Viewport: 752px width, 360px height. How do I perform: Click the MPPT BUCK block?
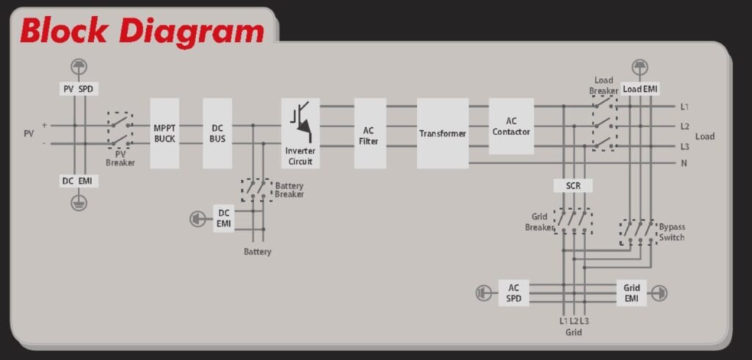pyautogui.click(x=164, y=134)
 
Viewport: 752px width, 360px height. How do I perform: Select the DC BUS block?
pyautogui.click(x=217, y=134)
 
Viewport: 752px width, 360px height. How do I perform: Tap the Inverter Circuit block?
pyautogui.click(x=300, y=134)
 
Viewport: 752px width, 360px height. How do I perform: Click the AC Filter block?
pyautogui.click(x=370, y=134)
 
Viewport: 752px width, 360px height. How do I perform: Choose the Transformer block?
pyautogui.click(x=443, y=134)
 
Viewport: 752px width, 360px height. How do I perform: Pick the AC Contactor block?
pyautogui.click(x=511, y=126)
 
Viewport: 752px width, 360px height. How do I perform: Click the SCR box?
pyautogui.click(x=573, y=186)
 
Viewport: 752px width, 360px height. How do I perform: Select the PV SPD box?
pyautogui.click(x=79, y=89)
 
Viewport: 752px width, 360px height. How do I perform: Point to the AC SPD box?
pyautogui.click(x=513, y=293)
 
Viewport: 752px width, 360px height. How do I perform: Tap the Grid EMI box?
pyautogui.click(x=632, y=293)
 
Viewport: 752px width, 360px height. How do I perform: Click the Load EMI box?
pyautogui.click(x=640, y=89)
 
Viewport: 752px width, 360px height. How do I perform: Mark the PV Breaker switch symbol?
pyautogui.click(x=120, y=130)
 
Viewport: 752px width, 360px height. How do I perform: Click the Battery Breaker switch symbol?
pyautogui.click(x=256, y=190)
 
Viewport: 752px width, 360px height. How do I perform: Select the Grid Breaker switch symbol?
pyautogui.click(x=573, y=221)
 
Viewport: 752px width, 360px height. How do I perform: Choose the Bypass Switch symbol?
pyautogui.click(x=638, y=232)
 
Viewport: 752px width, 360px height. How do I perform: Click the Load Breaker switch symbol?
pyautogui.click(x=605, y=123)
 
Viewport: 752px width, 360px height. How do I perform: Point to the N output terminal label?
pyautogui.click(x=684, y=163)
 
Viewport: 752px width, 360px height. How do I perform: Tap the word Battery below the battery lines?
pyautogui.click(x=258, y=251)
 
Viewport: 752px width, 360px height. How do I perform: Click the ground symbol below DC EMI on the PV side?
pyautogui.click(x=79, y=203)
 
